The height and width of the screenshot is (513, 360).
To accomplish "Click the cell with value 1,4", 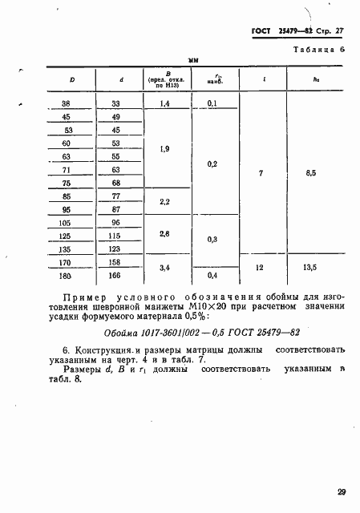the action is click(166, 103).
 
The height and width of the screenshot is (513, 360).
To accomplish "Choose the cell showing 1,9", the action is click(165, 150).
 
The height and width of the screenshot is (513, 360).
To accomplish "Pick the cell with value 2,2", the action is click(165, 201).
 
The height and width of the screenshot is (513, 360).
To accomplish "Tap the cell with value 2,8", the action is click(165, 232).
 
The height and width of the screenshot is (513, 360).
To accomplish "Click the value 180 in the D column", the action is click(67, 276).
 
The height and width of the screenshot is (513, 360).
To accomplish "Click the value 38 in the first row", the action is click(67, 103).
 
